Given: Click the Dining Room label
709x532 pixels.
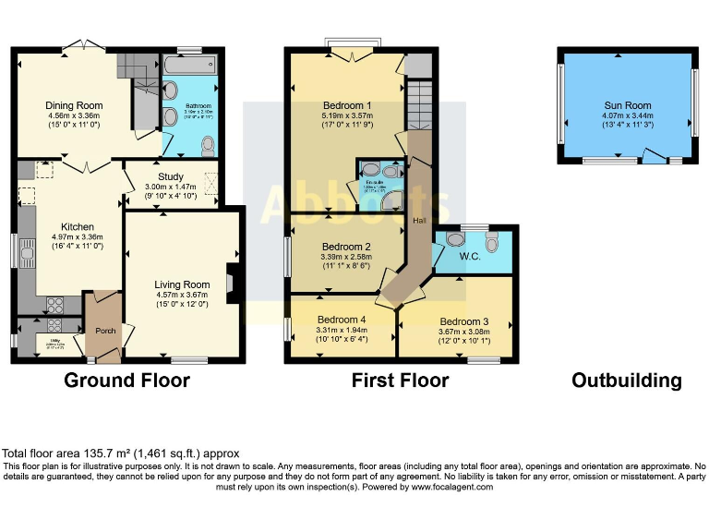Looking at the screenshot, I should [74, 106].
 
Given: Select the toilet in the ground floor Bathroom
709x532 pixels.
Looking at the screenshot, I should [208, 146].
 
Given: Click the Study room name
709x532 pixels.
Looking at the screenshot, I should [171, 176].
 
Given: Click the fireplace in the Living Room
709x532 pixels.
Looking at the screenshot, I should [232, 284].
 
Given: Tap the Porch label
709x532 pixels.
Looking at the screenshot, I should [102, 328].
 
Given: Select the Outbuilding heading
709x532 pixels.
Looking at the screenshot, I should [627, 381].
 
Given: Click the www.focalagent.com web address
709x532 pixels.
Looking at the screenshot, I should [451, 487].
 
